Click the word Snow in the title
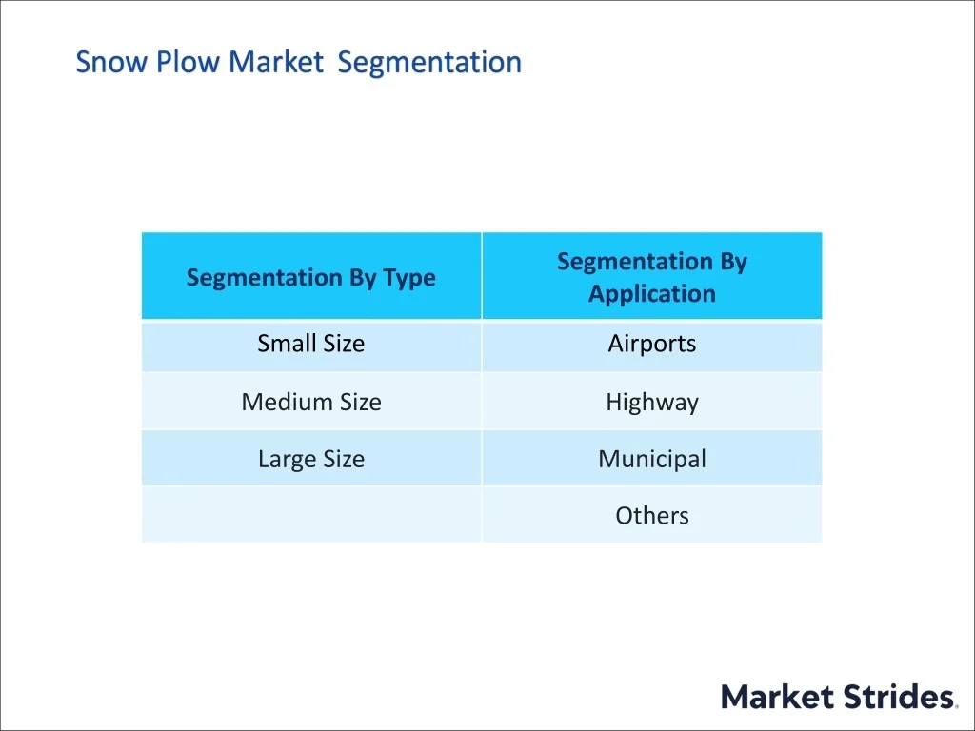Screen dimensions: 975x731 click(x=112, y=62)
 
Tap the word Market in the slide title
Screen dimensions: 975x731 click(x=275, y=62)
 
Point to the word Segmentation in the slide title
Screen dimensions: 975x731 click(x=429, y=62)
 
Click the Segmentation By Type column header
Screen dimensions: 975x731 click(x=311, y=276)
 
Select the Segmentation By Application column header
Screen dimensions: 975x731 click(x=652, y=276)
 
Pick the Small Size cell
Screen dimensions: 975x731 click(x=311, y=346)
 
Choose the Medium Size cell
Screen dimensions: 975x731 click(x=311, y=401)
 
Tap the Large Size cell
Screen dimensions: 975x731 click(x=311, y=458)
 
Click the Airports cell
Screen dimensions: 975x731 click(x=652, y=346)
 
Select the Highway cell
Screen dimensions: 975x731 click(x=652, y=401)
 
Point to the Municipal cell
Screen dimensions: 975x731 click(x=652, y=458)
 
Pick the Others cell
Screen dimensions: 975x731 click(x=652, y=514)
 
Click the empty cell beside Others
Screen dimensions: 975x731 click(x=311, y=514)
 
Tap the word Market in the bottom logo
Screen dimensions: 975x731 click(x=777, y=696)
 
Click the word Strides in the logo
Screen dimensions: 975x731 click(x=899, y=696)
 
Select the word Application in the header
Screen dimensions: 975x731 click(x=652, y=293)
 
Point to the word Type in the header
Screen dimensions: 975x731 click(x=409, y=278)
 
